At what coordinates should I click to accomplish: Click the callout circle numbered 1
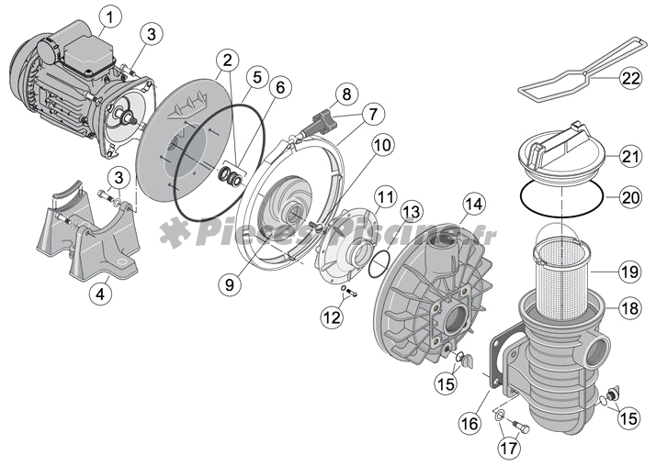pyautogui.click(x=110, y=17)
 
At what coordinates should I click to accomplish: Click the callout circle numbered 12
pyautogui.click(x=331, y=317)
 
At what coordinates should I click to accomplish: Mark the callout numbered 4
pyautogui.click(x=101, y=294)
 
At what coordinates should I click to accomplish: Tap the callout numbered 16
pyautogui.click(x=469, y=423)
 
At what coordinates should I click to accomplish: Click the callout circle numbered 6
pyautogui.click(x=280, y=87)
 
